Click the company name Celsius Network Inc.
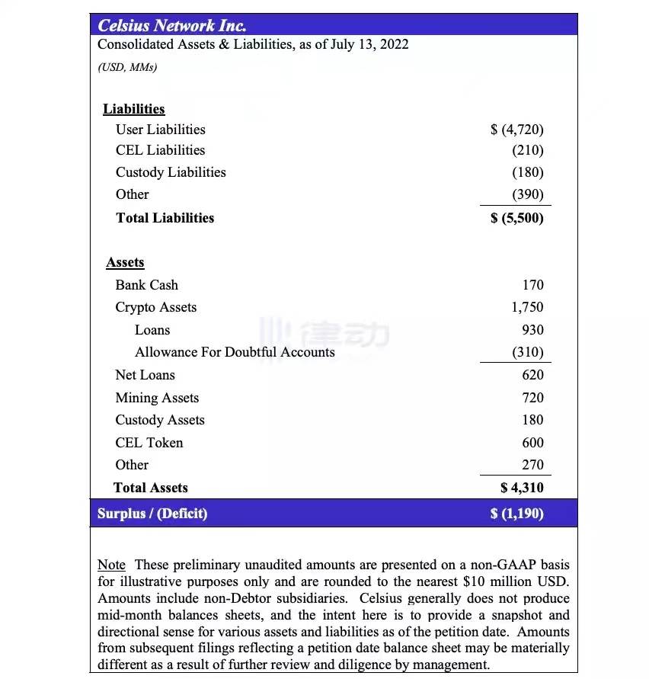tap(171, 25)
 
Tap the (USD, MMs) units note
tap(127, 67)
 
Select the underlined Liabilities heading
tap(134, 109)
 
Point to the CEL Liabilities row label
tap(160, 150)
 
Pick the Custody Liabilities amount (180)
tap(528, 172)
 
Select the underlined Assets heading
tap(125, 262)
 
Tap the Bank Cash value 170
tap(532, 285)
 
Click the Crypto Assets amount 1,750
tap(527, 307)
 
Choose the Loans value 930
tap(532, 330)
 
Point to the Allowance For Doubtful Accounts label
tap(235, 352)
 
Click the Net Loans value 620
tap(532, 375)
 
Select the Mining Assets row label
tap(157, 398)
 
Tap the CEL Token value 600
tap(532, 443)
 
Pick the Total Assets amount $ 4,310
tap(522, 488)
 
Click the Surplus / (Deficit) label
tap(152, 514)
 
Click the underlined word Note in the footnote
tap(111, 565)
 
